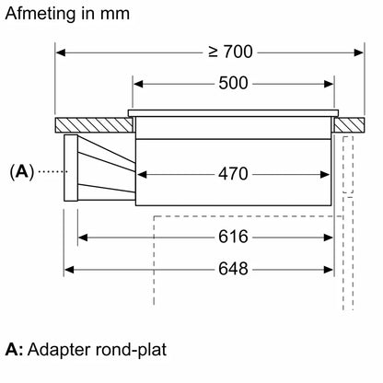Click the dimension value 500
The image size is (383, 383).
(233, 83)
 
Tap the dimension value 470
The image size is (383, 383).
(233, 174)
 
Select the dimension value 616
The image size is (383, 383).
(233, 237)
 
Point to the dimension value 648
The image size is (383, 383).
(233, 269)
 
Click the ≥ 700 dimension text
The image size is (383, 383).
(230, 52)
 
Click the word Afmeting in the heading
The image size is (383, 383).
(41, 15)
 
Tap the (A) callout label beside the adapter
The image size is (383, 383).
(21, 172)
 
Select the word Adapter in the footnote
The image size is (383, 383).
(59, 350)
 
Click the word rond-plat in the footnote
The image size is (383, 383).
(131, 350)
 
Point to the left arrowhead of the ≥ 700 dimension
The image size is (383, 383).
(61, 52)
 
